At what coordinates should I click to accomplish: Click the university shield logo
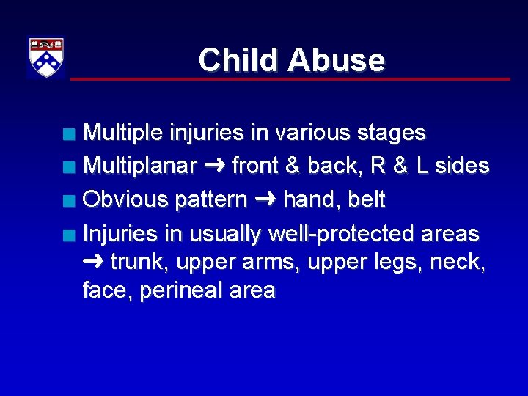(x=46, y=57)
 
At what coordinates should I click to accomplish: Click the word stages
(x=389, y=133)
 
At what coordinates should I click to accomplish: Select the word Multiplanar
(x=139, y=166)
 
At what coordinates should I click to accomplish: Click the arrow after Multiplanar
(x=214, y=166)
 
